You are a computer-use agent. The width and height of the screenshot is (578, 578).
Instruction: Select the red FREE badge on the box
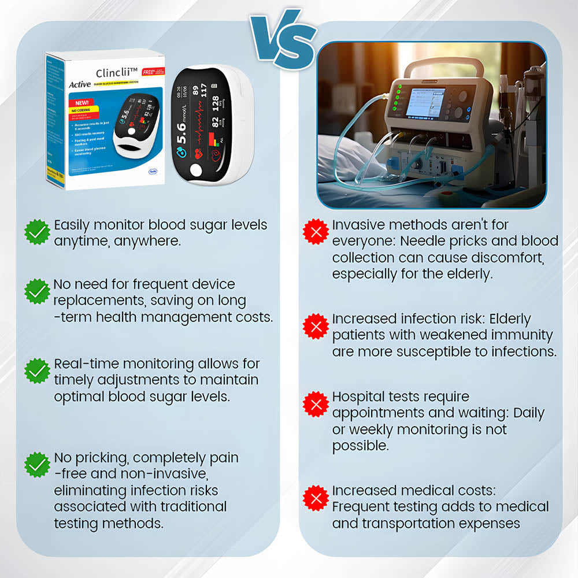pos(149,73)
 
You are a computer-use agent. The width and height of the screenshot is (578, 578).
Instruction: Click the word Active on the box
pos(79,84)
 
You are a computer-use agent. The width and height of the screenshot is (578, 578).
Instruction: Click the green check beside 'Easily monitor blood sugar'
pos(38,232)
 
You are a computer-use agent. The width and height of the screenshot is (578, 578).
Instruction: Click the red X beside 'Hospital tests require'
pos(316,404)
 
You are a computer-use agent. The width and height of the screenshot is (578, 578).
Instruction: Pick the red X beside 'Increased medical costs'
pos(316,498)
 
